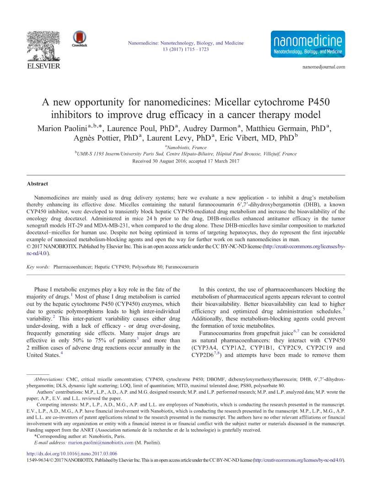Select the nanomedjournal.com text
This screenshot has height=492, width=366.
pyautogui.click(x=323, y=67)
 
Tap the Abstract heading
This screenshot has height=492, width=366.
pyautogui.click(x=37, y=184)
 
